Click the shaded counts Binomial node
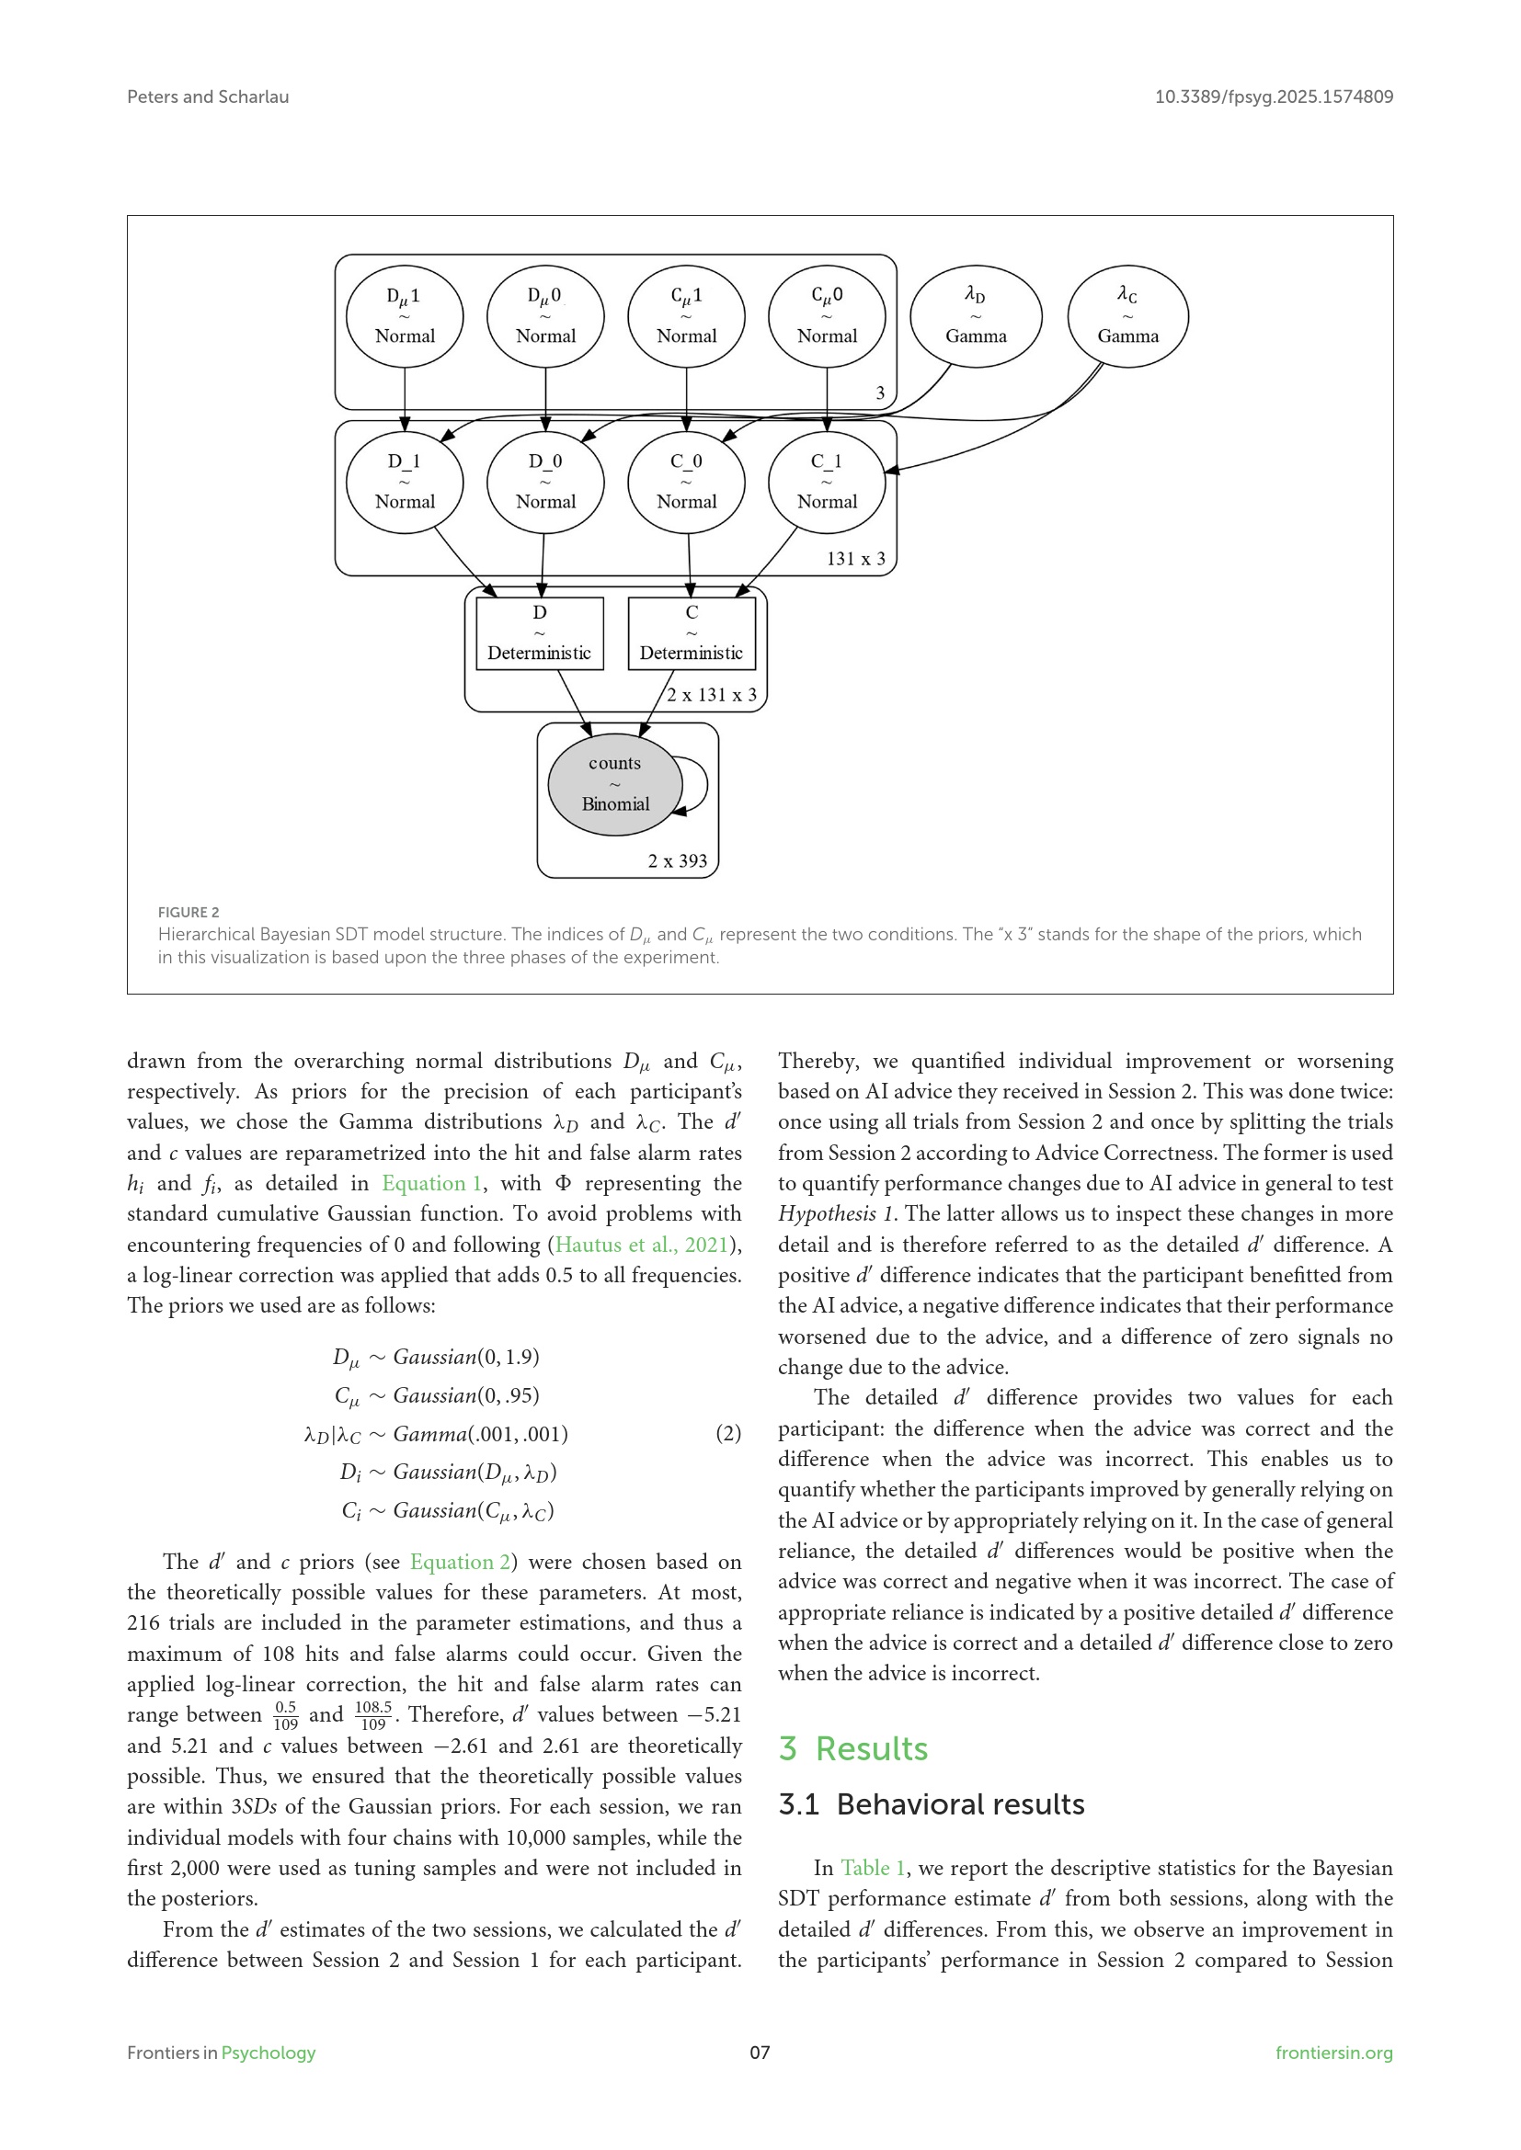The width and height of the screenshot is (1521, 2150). pyautogui.click(x=614, y=784)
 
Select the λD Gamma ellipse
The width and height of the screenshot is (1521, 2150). pyautogui.click(x=975, y=316)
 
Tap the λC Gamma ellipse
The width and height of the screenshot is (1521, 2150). pyautogui.click(x=1127, y=316)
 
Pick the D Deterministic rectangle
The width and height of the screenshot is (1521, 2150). pyautogui.click(x=540, y=633)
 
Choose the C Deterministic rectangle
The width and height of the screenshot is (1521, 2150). pyautogui.click(x=692, y=633)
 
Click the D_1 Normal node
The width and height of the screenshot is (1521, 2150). pyautogui.click(x=405, y=482)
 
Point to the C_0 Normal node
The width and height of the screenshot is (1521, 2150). pyautogui.click(x=687, y=482)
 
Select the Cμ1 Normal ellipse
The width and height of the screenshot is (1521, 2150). pyautogui.click(x=687, y=316)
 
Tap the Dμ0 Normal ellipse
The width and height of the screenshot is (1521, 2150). pyautogui.click(x=545, y=316)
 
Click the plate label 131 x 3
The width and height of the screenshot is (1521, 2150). pyautogui.click(x=855, y=559)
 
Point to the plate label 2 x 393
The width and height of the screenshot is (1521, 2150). pyautogui.click(x=677, y=861)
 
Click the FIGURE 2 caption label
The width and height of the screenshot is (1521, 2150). pyautogui.click(x=189, y=912)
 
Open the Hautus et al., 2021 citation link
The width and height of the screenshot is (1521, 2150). pyautogui.click(x=642, y=1245)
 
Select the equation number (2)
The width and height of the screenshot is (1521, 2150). pyautogui.click(x=727, y=1434)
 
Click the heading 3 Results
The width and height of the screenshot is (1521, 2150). pyautogui.click(x=852, y=1749)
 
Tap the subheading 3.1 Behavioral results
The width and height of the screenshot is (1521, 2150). pyautogui.click(x=931, y=1804)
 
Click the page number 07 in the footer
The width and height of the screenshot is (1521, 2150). pyautogui.click(x=760, y=2053)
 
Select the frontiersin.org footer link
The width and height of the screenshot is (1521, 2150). pyautogui.click(x=1333, y=2053)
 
